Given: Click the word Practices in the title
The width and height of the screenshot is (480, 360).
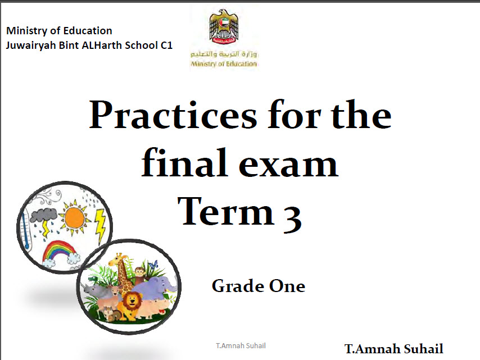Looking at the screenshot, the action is pos(173,115).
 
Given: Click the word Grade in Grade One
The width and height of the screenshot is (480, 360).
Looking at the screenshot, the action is pos(238,286).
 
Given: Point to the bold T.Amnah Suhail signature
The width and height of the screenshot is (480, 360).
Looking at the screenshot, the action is pos(394,349).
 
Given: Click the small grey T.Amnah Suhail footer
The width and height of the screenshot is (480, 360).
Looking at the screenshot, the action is pos(241,345).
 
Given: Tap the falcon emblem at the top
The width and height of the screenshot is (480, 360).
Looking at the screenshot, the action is pos(224,27).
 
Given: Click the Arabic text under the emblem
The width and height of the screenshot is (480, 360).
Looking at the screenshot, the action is pos(224,54).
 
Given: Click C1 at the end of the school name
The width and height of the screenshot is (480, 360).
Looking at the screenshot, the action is pos(166,45).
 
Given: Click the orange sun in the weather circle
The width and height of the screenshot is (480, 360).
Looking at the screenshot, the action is pos(74,218).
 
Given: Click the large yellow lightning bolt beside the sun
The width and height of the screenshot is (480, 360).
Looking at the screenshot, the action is pos(100,226).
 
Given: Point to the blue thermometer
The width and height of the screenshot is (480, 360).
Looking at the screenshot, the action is pos(25,229).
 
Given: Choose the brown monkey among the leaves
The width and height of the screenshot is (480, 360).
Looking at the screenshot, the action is pos(139,274).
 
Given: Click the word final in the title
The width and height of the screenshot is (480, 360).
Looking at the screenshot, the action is pos(184,162).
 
